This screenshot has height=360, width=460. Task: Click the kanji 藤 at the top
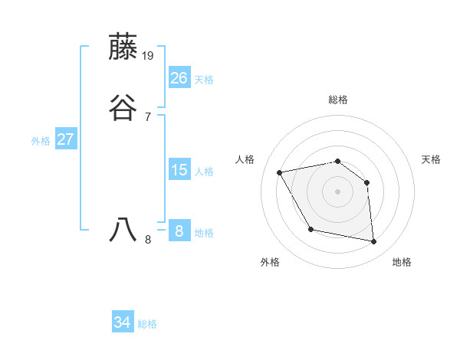(x=124, y=47)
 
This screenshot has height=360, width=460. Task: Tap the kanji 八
(x=124, y=230)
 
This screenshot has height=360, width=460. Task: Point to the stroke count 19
(x=149, y=56)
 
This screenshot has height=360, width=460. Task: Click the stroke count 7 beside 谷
(x=147, y=116)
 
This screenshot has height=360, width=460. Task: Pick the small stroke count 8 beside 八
(x=148, y=239)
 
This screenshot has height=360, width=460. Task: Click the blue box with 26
(x=179, y=78)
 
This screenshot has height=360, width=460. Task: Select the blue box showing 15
(x=179, y=170)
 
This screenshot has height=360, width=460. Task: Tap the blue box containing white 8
(x=179, y=231)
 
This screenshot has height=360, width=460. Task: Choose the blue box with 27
(x=66, y=139)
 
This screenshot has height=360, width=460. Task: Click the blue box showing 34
(x=123, y=322)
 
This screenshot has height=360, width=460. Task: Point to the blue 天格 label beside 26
(x=204, y=80)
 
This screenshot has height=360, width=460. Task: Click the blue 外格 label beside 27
(x=41, y=141)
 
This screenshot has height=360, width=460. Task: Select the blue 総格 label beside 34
(x=147, y=324)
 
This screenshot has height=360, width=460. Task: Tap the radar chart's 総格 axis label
(x=338, y=100)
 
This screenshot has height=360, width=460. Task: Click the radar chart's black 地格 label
(x=402, y=262)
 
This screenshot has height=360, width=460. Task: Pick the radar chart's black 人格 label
(x=245, y=159)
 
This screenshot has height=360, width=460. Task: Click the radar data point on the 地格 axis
(x=374, y=242)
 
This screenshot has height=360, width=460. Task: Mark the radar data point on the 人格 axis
(x=280, y=172)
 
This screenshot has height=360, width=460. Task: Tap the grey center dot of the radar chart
(x=337, y=191)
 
